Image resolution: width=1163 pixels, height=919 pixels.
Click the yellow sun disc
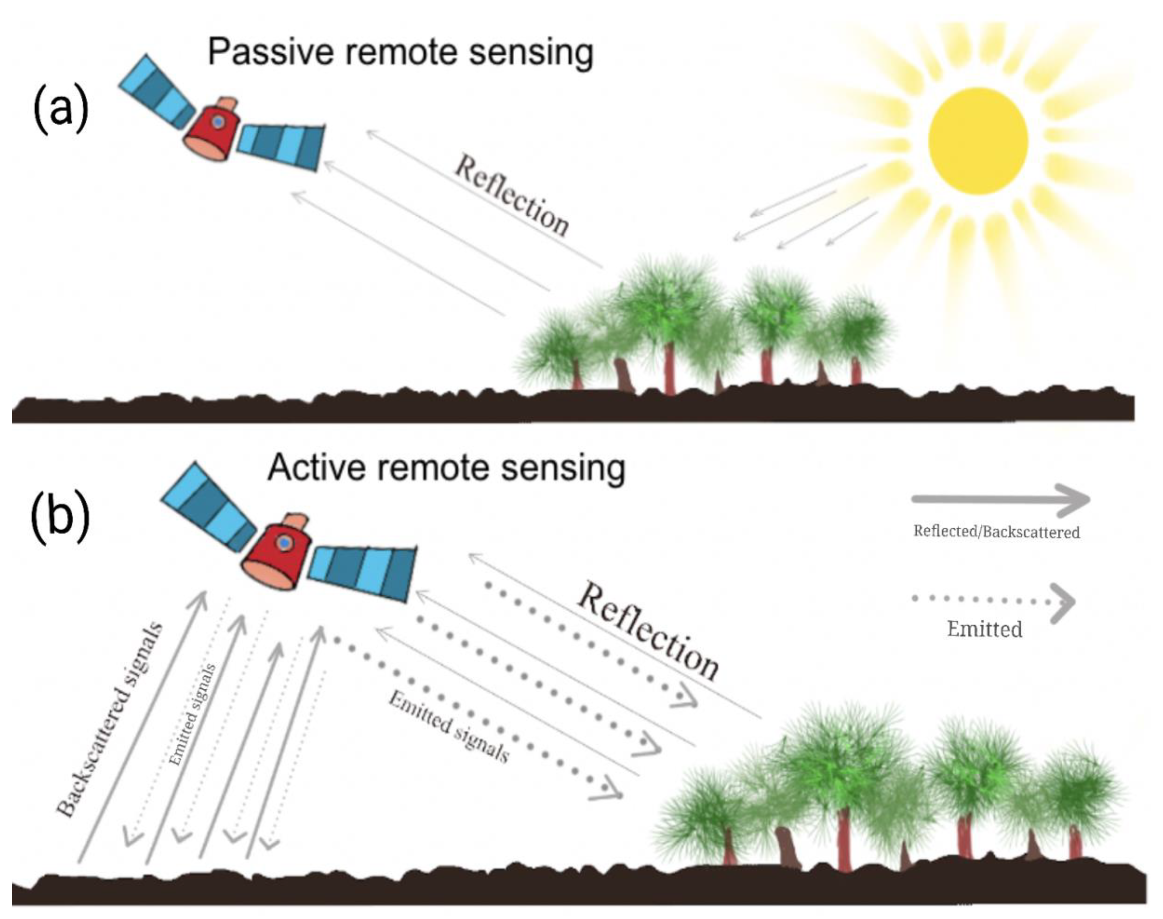pyautogui.click(x=978, y=141)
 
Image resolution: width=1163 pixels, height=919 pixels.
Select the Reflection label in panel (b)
pyautogui.click(x=648, y=632)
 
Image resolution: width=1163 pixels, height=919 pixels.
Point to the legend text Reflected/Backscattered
pyautogui.click(x=996, y=532)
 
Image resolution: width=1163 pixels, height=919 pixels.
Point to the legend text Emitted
pyautogui.click(x=985, y=629)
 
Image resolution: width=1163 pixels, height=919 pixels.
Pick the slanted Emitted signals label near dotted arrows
pyautogui.click(x=449, y=727)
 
